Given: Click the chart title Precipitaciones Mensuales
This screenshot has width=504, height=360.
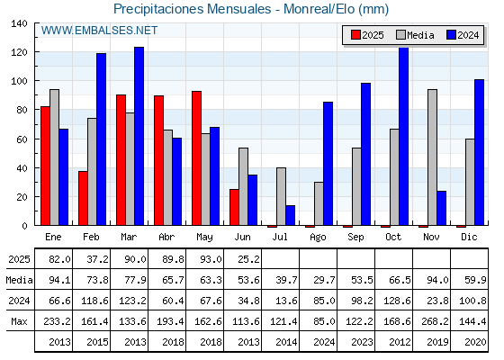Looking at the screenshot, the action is click(x=193, y=9).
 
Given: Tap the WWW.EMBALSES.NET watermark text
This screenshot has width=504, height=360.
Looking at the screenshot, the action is click(x=99, y=31).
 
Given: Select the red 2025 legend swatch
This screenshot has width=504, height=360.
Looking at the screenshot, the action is click(x=355, y=35).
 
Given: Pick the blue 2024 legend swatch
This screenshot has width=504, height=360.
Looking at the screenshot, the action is click(x=451, y=35).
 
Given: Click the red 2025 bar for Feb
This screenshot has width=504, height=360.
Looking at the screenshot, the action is click(x=83, y=198).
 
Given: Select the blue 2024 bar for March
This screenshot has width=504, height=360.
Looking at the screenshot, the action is click(x=139, y=136).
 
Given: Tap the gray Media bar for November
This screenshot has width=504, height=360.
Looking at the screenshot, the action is click(x=432, y=157).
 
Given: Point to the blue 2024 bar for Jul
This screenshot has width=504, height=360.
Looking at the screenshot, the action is click(x=290, y=215).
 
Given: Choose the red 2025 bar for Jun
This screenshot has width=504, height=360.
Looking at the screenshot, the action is click(x=234, y=207).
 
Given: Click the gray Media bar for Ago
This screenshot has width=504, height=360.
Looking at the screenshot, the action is click(x=319, y=203).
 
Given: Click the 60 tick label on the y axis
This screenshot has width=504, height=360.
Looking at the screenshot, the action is click(x=22, y=139).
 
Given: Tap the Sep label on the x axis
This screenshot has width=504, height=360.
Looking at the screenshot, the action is click(x=355, y=238).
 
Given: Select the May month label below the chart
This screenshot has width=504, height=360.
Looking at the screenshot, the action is click(x=204, y=238).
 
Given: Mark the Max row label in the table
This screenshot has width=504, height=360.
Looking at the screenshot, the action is click(x=19, y=321).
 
